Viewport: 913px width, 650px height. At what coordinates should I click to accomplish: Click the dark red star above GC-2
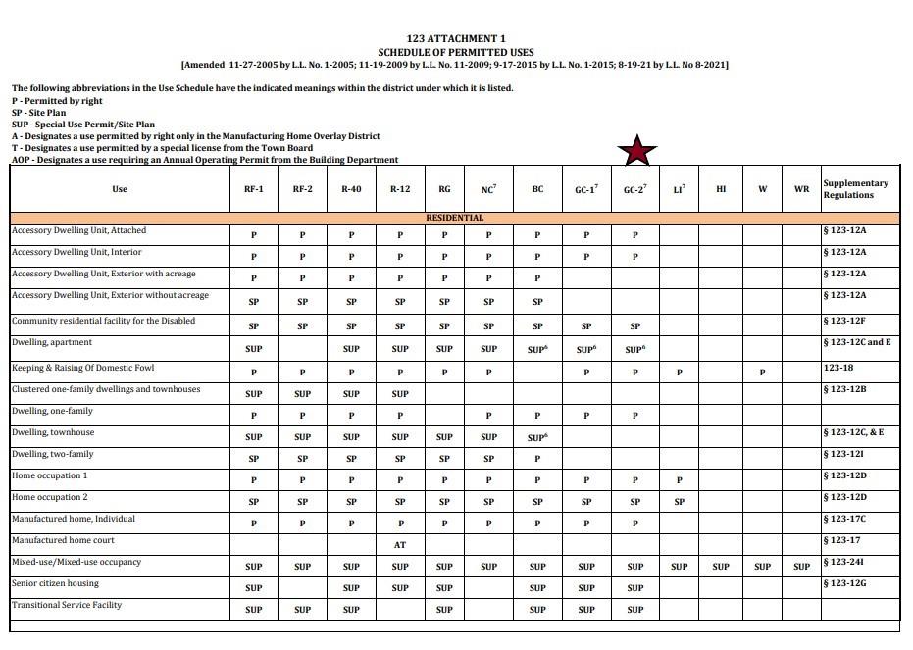point(636,151)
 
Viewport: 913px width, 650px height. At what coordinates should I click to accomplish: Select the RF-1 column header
point(253,189)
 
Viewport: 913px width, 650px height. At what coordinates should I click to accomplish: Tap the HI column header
point(721,189)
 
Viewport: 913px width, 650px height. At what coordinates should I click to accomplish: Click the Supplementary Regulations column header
point(855,189)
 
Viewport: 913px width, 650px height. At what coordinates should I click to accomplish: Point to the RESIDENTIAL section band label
point(454,217)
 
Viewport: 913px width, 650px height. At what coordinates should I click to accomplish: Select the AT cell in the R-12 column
point(400,544)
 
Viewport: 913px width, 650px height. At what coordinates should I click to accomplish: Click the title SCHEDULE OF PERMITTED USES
point(455,51)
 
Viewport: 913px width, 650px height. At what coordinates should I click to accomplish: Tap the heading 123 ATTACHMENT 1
point(455,38)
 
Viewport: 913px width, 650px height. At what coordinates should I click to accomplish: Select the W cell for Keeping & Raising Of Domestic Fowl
point(762,373)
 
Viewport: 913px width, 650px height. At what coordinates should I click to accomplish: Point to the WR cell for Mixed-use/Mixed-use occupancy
point(802,566)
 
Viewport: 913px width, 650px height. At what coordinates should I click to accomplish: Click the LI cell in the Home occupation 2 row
point(679,501)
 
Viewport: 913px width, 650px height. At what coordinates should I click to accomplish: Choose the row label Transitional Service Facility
point(67,605)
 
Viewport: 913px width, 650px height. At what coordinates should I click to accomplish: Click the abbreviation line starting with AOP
point(204,160)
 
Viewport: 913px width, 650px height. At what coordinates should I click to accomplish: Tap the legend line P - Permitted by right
point(57,101)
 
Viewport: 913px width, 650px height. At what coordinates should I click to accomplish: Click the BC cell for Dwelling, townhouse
point(537,437)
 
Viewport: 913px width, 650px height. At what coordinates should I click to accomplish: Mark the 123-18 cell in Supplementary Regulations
point(840,368)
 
